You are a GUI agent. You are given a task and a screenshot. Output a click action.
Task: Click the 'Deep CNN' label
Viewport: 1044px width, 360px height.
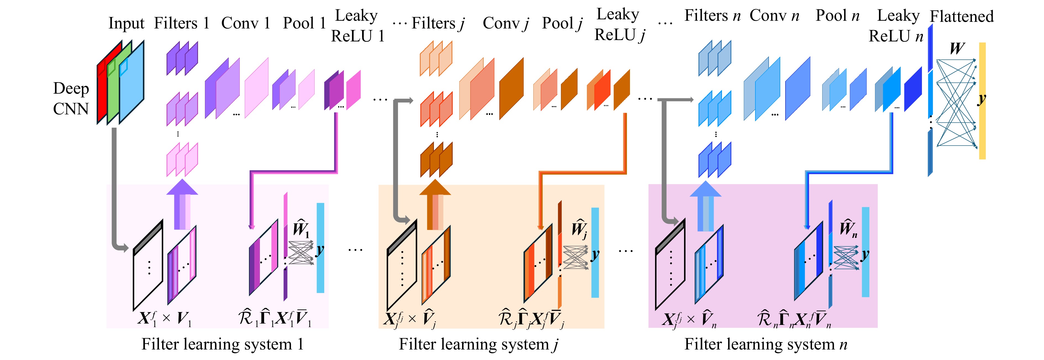tap(71, 99)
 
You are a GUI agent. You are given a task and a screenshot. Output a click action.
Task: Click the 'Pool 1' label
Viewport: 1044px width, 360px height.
tap(304, 23)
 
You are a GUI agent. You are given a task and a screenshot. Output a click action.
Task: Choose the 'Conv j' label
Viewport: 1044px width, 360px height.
tap(505, 23)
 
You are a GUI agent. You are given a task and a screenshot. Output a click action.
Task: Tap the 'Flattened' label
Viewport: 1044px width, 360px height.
tap(961, 17)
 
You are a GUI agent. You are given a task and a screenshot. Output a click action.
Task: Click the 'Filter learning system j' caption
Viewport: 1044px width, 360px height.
tap(479, 345)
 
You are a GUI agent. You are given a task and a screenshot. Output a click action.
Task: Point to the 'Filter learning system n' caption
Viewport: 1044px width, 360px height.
tap(766, 345)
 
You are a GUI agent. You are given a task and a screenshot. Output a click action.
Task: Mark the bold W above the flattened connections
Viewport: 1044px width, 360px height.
tap(957, 49)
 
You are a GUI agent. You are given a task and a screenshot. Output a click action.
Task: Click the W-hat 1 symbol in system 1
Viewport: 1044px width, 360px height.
tap(301, 228)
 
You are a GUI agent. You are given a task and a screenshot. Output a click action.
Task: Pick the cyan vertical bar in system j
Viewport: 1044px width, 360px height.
tap(595, 253)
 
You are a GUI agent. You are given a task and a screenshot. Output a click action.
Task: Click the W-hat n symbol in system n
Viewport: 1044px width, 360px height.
tap(848, 228)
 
